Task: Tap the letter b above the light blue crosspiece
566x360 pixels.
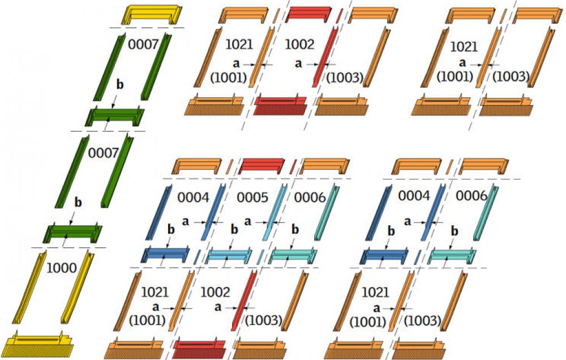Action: point(234,230)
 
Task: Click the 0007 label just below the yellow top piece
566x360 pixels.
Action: point(143,44)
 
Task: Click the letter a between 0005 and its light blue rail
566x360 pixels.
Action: point(248,221)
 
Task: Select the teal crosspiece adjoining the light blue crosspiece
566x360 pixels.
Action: point(292,255)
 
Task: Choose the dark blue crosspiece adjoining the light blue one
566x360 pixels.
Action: point(165,255)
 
